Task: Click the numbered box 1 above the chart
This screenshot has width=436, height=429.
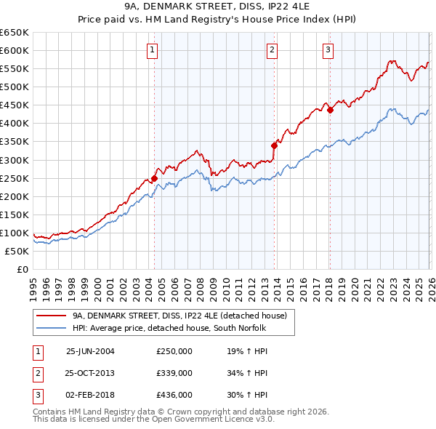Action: [153, 50]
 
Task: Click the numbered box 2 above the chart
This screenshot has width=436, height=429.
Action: [272, 50]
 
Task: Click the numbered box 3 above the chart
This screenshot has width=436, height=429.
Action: [328, 50]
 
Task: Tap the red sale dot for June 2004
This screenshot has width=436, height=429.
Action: [155, 178]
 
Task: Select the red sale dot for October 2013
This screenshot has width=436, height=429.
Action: [274, 145]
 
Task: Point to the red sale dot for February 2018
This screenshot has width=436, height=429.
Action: [330, 111]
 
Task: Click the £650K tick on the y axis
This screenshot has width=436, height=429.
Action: [14, 33]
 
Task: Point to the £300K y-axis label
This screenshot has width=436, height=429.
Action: [14, 160]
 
